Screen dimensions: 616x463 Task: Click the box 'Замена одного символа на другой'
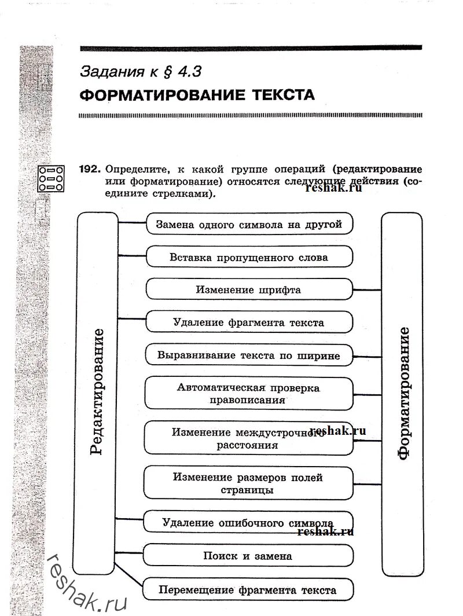pos(249,225)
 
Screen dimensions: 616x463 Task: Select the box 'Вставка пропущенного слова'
pos(249,257)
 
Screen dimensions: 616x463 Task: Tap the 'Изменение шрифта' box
pos(249,289)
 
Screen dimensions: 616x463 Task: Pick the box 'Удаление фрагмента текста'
pos(249,322)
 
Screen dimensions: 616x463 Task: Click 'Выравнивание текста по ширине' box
pos(249,355)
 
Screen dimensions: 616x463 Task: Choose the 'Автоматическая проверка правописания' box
pos(249,394)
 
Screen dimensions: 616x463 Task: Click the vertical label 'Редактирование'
pos(97,392)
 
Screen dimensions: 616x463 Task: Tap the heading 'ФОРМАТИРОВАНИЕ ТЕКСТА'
pos(197,95)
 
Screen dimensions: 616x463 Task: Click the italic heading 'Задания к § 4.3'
pos(142,71)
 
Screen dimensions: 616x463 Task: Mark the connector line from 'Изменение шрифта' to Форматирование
pos(366,288)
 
